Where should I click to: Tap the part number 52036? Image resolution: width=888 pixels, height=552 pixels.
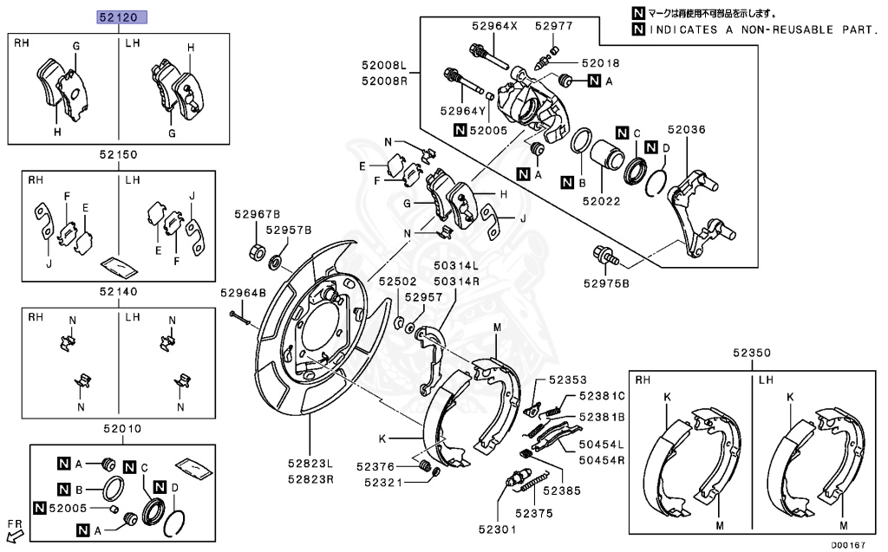687,130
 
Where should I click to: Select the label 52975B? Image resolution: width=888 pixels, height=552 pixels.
606,283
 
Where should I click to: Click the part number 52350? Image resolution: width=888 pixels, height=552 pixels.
752,353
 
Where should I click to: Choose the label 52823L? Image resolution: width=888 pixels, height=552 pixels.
310,463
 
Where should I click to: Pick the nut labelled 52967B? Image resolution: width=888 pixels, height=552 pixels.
257,251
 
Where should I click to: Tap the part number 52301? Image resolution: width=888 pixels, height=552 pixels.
497,529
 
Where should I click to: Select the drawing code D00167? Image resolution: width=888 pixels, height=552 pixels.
848,545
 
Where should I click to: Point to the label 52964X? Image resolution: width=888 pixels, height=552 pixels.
494,26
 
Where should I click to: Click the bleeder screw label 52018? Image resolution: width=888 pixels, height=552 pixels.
600,63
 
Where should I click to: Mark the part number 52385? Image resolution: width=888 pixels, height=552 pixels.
562,490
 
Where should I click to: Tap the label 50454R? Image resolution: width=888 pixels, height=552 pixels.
602,460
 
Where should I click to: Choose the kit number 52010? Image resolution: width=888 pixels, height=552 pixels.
122,429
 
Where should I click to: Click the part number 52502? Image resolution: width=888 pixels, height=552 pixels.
397,282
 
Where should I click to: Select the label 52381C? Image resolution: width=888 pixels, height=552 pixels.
602,396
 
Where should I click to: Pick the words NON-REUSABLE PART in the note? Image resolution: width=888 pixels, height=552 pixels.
808,29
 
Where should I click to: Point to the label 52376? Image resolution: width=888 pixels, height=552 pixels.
375,466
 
